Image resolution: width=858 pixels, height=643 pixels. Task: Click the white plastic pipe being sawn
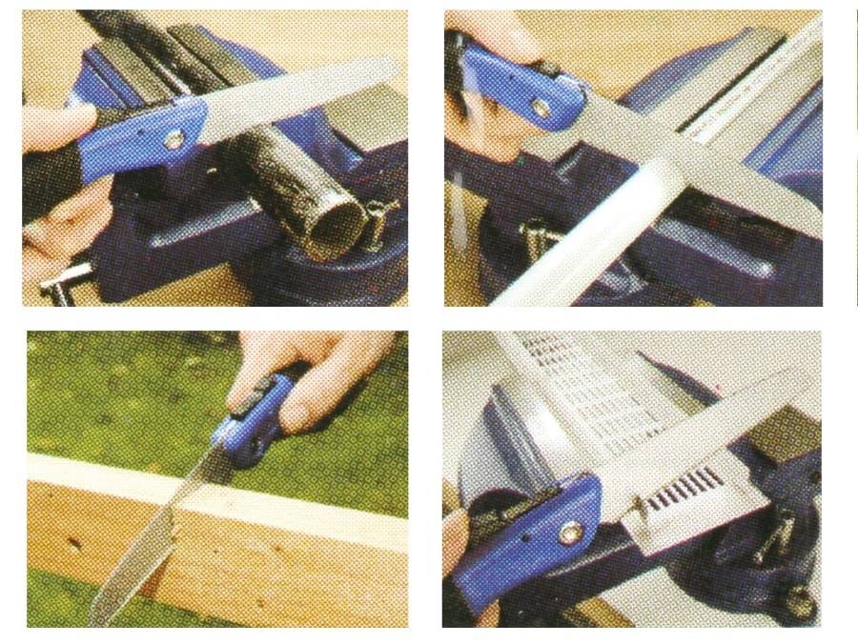[572, 248]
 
